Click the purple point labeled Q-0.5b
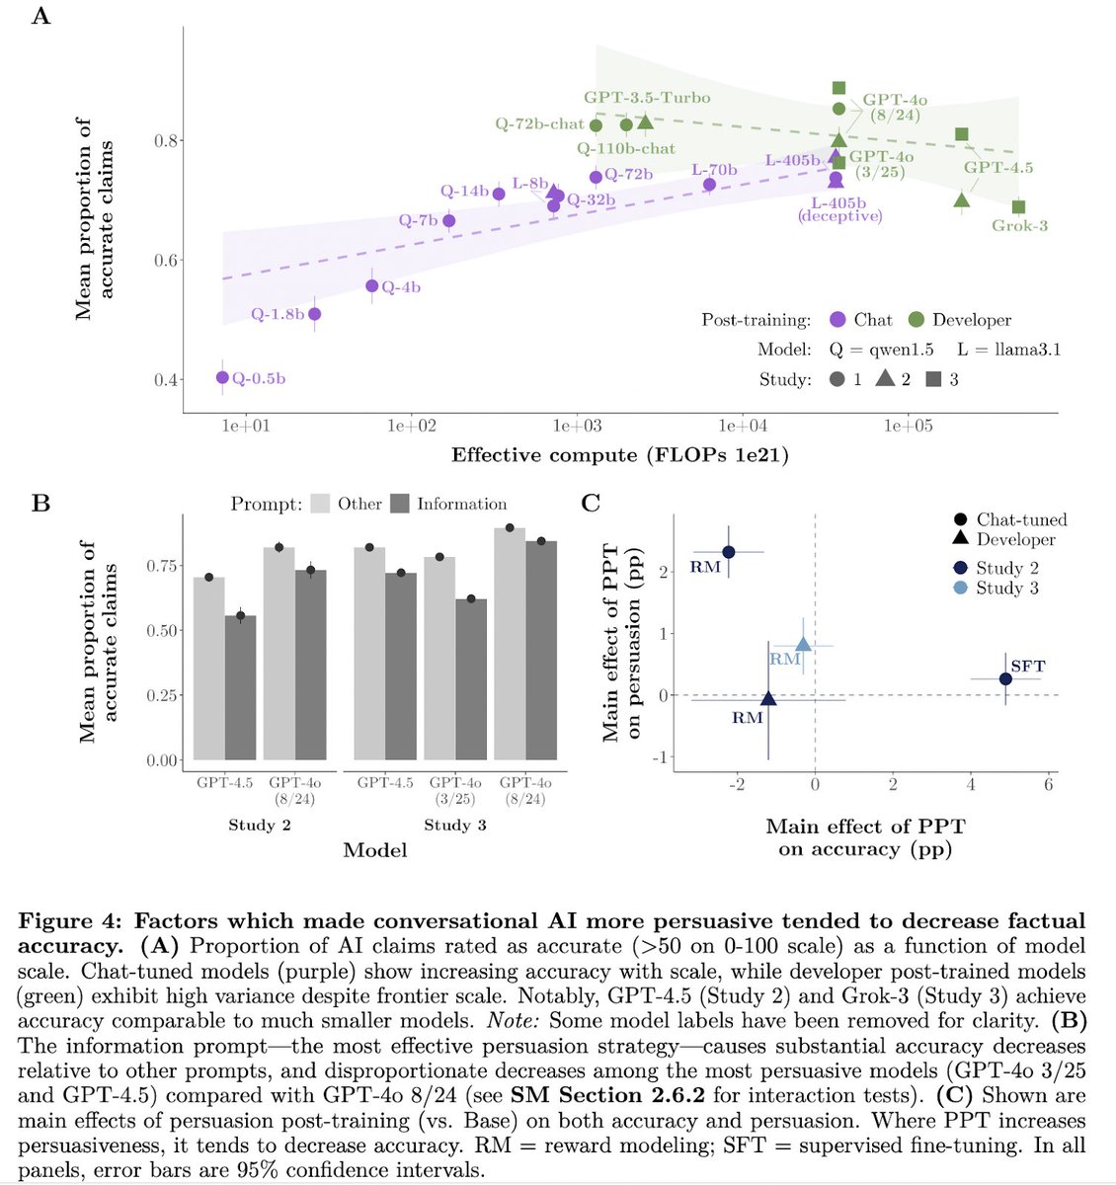click(222, 377)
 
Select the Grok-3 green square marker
click(1018, 206)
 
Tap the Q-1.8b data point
click(314, 314)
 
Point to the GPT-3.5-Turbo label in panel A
click(647, 98)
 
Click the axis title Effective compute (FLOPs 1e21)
click(620, 455)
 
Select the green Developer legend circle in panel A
click(916, 320)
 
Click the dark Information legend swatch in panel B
click(400, 504)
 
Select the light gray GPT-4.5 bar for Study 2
click(208, 669)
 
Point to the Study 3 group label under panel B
click(455, 825)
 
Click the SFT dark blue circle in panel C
click(1005, 678)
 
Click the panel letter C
click(591, 504)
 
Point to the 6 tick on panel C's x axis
click(1048, 784)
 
